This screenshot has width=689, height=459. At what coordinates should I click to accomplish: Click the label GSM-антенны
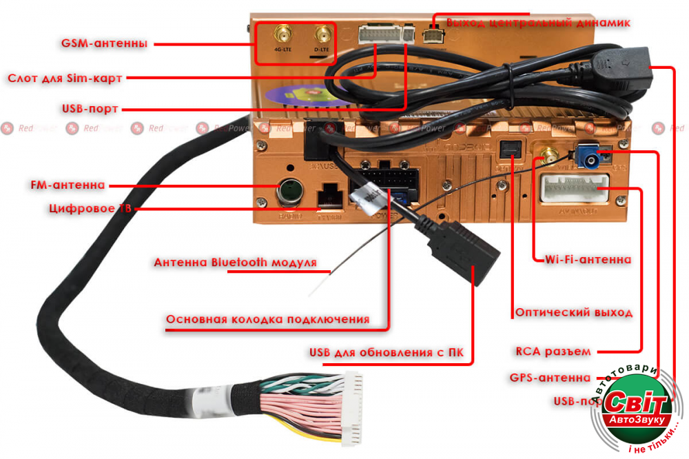104,44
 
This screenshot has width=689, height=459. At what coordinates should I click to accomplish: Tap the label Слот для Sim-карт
65,78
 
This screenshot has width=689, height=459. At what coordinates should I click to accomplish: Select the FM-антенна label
68,185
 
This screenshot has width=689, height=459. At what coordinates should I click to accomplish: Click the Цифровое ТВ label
90,207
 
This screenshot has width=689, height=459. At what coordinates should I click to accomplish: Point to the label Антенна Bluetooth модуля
235,263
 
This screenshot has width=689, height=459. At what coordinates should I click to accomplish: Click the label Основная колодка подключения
267,319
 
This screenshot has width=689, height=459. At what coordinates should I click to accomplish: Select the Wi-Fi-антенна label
588,260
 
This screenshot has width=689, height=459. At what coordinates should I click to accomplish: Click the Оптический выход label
573,312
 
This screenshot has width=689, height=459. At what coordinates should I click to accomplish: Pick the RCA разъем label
553,351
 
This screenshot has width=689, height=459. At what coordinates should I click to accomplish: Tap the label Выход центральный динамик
538,23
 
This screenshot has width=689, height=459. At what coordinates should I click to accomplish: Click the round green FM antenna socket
288,192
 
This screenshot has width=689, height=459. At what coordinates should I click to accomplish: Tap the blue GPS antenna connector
590,156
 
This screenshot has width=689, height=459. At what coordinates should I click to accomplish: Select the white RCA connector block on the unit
575,187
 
